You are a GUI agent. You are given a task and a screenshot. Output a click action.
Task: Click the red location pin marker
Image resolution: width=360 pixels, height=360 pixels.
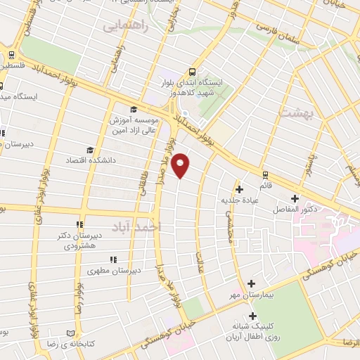pyautogui.click(x=181, y=165)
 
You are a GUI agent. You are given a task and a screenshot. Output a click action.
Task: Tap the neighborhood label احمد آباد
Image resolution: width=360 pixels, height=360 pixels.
pyautogui.click(x=155, y=227)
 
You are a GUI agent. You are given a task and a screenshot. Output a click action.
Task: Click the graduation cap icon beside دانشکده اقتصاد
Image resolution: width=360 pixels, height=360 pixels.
pyautogui.click(x=89, y=149)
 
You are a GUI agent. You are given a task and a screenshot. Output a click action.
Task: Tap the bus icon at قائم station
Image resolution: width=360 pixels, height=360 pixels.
pyautogui.click(x=265, y=175)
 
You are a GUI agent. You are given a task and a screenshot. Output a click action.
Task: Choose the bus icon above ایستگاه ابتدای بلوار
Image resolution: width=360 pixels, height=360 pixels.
pyautogui.click(x=192, y=71)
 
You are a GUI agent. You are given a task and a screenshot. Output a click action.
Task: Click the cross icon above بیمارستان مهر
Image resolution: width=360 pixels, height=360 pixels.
pyautogui.click(x=251, y=283)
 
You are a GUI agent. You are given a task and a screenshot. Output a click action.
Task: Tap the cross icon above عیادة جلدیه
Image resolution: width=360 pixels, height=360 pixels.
pyautogui.click(x=240, y=188)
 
